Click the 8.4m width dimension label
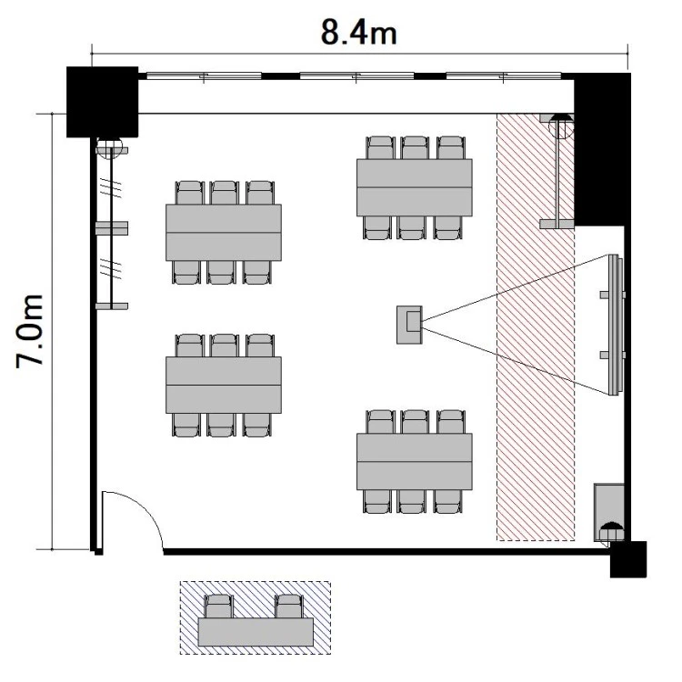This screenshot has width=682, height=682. click(x=359, y=33)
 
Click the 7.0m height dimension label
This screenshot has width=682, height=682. click(x=30, y=331)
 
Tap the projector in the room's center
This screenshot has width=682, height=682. click(x=409, y=325)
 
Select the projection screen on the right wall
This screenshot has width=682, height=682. click(x=614, y=325)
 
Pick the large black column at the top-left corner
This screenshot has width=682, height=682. click(x=102, y=102)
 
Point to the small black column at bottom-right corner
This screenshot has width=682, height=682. click(x=628, y=559)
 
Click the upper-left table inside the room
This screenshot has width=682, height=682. click(x=224, y=232)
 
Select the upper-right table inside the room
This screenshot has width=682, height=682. click(x=415, y=187)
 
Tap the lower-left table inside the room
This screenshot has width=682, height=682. click(x=224, y=385)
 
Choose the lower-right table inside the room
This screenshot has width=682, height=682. click(x=415, y=461)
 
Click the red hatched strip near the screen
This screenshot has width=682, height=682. click(x=536, y=327)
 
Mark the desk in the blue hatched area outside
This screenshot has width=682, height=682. click(x=256, y=632)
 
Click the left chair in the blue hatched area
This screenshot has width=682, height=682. click(x=219, y=607)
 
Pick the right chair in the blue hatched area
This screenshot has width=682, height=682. click(x=289, y=607)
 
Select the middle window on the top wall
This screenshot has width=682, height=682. click(x=357, y=76)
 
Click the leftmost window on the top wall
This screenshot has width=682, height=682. click(x=204, y=76)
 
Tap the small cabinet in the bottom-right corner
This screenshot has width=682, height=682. click(x=609, y=512)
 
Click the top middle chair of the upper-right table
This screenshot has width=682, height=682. click(x=415, y=148)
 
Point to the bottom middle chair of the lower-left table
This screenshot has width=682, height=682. click(x=222, y=425)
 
